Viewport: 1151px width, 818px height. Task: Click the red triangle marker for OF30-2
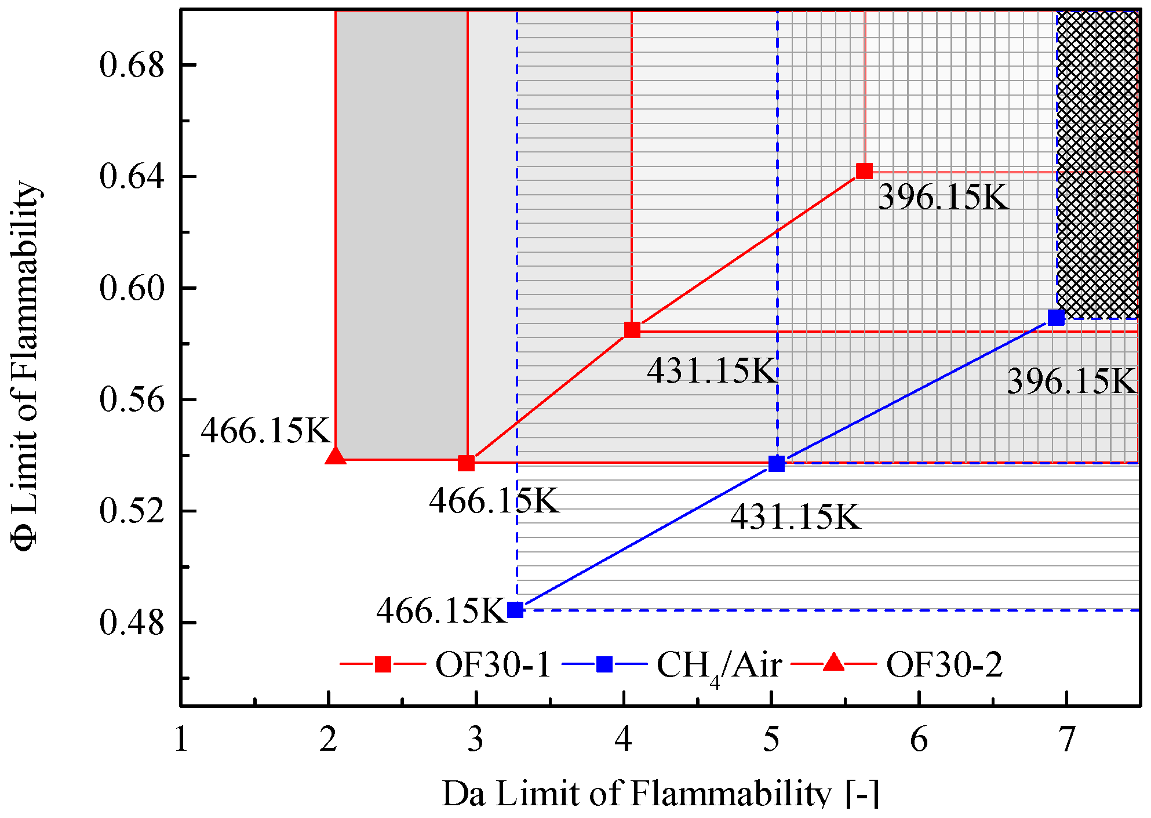336,456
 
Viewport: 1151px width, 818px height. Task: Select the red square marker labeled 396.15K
864,171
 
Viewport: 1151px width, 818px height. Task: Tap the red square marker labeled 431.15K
632,330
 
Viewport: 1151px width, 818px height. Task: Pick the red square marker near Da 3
467,463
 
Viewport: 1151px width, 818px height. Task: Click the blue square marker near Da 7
1057,318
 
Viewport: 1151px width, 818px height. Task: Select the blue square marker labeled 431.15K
777,464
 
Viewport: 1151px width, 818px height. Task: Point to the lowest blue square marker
515,610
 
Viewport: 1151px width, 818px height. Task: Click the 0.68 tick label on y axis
132,64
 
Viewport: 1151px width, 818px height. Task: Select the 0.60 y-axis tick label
132,288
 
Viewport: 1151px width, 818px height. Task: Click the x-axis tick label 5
771,740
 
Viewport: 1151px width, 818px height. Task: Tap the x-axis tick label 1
181,740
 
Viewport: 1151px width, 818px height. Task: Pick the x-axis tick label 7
1066,740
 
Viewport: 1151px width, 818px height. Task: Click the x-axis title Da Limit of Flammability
660,793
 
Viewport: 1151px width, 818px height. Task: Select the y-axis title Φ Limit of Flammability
26,365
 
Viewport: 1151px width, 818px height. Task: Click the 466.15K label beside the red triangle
265,431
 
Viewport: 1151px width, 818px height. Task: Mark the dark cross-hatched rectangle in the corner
1098,165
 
